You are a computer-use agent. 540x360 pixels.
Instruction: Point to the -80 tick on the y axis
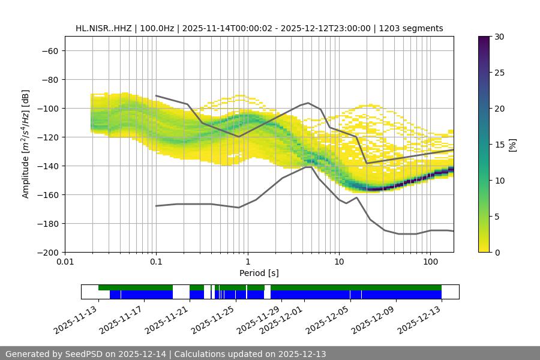click(x=49, y=79)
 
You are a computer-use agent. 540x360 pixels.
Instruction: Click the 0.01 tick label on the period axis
click(x=65, y=262)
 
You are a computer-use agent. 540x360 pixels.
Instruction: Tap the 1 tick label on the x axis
click(x=247, y=262)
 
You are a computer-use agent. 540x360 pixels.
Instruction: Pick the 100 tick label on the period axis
click(x=430, y=262)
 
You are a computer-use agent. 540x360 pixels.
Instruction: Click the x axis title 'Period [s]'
click(x=259, y=273)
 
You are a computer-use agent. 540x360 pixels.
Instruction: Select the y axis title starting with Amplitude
click(x=25, y=144)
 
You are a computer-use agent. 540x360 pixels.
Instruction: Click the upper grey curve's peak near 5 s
click(x=308, y=103)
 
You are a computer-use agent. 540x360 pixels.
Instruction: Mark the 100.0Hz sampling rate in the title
click(x=159, y=28)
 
